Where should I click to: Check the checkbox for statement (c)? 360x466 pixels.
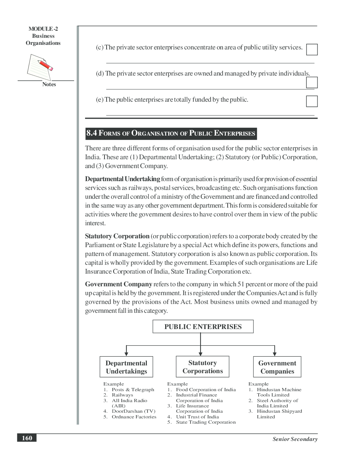312,49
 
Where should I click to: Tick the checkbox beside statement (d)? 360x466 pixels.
312,82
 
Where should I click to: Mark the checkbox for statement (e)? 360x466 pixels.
312,101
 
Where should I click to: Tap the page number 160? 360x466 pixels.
27,438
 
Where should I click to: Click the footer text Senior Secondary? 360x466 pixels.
295,439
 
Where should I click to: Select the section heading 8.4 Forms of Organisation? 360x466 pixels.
171,133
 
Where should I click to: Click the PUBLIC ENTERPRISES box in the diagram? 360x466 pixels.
203,327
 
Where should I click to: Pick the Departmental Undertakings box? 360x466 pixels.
126,367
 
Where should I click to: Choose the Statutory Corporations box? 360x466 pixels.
203,367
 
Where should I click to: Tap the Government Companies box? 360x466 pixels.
277,367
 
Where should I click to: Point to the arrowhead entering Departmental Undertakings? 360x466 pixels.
126,353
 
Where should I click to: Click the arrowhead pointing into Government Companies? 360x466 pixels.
275,353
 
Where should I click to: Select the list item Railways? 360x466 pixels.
122,395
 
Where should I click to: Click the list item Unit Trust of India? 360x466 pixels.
197,417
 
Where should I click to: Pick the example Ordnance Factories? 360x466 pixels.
134,417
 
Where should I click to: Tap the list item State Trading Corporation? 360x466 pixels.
206,422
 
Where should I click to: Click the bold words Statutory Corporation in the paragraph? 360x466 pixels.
117,236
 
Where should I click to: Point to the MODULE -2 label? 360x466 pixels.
43,29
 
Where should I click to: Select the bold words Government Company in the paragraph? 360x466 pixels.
119,284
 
